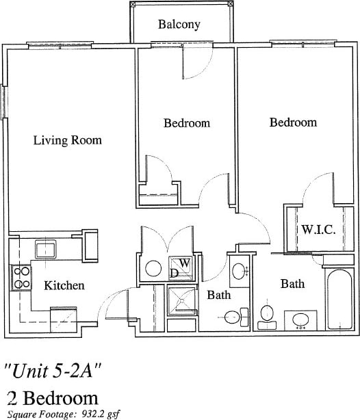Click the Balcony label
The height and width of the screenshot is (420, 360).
pyautogui.click(x=179, y=25)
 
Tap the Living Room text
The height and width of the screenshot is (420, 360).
pyautogui.click(x=67, y=140)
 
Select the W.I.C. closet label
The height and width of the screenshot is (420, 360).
pyautogui.click(x=318, y=230)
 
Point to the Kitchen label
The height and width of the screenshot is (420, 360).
pyautogui.click(x=64, y=285)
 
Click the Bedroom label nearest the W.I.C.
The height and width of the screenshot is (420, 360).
pyautogui.click(x=293, y=122)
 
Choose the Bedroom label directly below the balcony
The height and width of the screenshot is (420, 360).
pyautogui.click(x=186, y=124)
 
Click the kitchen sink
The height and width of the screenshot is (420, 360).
pyautogui.click(x=45, y=248)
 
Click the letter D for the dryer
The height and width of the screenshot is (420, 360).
pyautogui.click(x=175, y=273)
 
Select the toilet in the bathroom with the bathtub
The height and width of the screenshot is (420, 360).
pyautogui.click(x=268, y=315)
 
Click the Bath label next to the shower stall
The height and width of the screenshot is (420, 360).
pyautogui.click(x=218, y=296)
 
